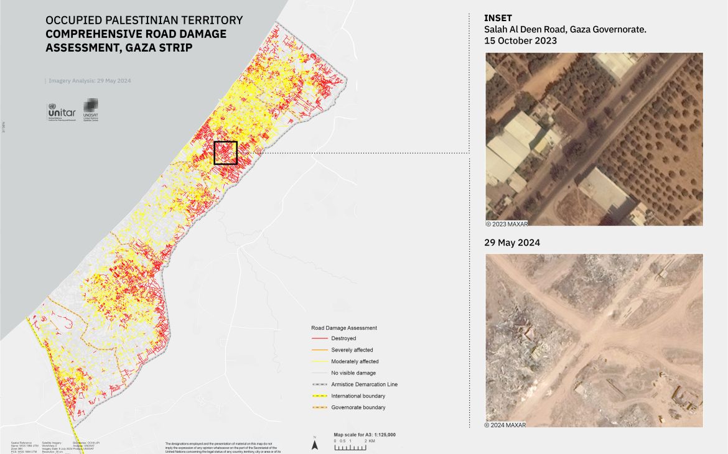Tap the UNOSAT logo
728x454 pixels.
(x=91, y=109)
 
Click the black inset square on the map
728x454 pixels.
(x=226, y=152)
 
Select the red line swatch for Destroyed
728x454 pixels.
(x=319, y=339)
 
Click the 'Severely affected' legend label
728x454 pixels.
(x=352, y=350)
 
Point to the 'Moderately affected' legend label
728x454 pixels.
(x=355, y=361)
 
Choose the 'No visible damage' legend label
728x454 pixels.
(x=353, y=373)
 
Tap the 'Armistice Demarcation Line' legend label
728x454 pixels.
(x=364, y=384)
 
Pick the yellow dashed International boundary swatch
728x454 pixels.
(x=319, y=396)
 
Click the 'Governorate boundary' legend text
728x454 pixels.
(x=358, y=407)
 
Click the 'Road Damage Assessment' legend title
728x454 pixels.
(x=344, y=328)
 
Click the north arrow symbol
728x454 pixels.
(x=315, y=445)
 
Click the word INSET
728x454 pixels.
(x=498, y=18)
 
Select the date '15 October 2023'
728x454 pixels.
(x=520, y=40)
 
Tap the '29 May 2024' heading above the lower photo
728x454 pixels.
(x=512, y=243)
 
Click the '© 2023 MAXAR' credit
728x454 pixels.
(x=506, y=223)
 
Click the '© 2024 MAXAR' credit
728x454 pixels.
(x=506, y=425)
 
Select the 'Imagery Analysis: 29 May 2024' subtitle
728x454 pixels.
(x=90, y=81)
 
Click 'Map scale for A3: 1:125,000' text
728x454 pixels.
(x=365, y=435)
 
